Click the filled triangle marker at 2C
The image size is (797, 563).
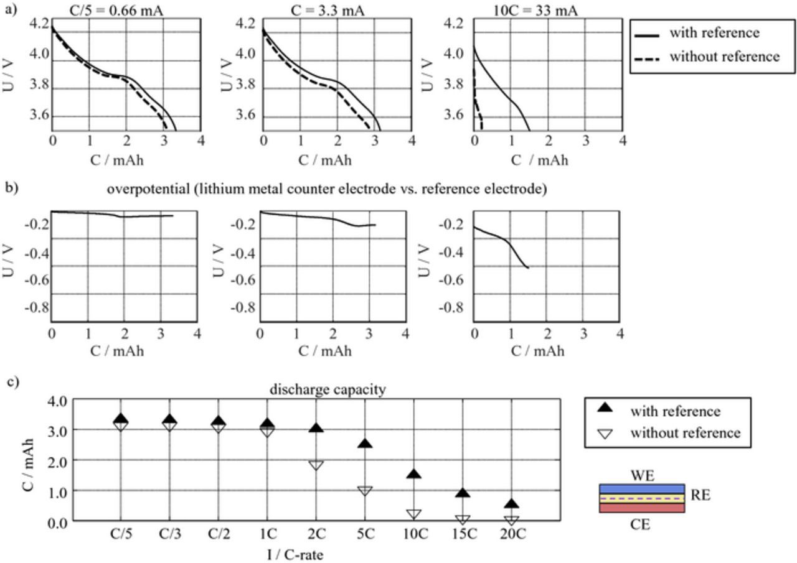(316, 429)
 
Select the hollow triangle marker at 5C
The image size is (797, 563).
(365, 490)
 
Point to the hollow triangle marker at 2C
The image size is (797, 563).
(316, 465)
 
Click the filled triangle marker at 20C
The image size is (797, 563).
(512, 504)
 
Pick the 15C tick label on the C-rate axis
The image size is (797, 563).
(463, 534)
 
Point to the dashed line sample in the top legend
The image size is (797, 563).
(648, 57)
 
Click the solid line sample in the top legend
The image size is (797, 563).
(648, 33)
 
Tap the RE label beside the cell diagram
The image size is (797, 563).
(700, 496)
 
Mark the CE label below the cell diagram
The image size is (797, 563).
(641, 525)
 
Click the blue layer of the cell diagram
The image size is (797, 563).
(642, 489)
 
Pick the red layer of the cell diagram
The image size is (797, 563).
(642, 508)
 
